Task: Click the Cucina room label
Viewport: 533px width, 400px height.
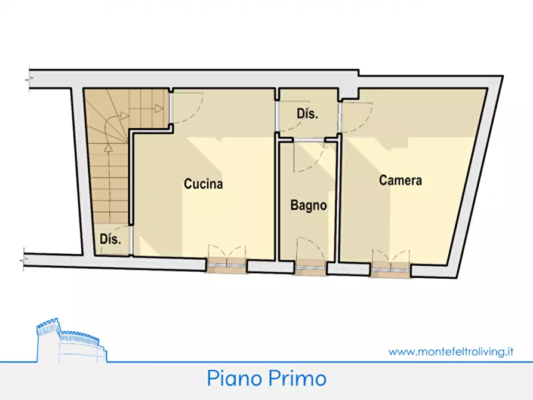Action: pos(203,184)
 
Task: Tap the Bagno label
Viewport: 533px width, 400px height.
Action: pos(309,206)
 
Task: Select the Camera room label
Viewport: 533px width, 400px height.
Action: pos(400,180)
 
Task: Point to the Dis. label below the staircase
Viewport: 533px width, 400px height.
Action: pos(110,239)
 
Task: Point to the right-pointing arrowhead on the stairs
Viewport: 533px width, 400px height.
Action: pos(159,109)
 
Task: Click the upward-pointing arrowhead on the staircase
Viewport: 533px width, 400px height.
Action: pos(107,147)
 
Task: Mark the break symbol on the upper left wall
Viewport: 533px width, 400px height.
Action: pos(28,79)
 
